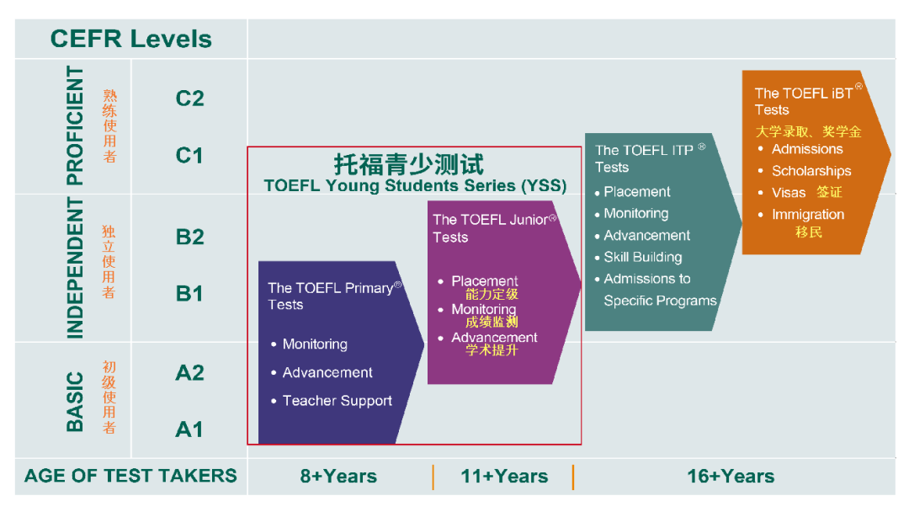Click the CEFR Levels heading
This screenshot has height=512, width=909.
(x=131, y=39)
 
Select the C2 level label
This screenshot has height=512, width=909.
(x=189, y=99)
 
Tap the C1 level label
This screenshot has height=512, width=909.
(x=189, y=156)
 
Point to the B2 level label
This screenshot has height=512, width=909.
(x=189, y=237)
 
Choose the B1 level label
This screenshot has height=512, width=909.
(x=189, y=293)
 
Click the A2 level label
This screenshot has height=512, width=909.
(x=189, y=372)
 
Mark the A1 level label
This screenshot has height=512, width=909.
(x=189, y=429)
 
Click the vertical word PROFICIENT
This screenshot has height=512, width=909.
(x=75, y=125)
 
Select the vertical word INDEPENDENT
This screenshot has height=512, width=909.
(x=75, y=268)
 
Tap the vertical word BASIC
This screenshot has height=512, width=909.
(x=75, y=402)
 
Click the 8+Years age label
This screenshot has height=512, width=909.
(x=338, y=476)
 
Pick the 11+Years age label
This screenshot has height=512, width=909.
(x=504, y=476)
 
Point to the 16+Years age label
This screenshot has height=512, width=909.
(x=731, y=476)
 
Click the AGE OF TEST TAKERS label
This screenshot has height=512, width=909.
(x=130, y=476)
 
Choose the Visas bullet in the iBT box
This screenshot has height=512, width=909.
(x=789, y=193)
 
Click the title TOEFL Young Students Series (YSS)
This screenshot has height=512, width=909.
(x=415, y=185)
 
